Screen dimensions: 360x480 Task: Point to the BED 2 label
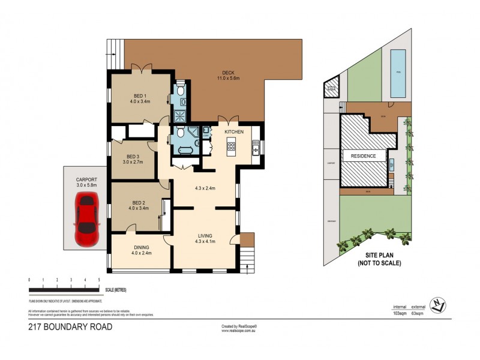point(139,205)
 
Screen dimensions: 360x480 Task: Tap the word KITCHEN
point(233,131)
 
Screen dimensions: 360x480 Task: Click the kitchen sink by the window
point(255,147)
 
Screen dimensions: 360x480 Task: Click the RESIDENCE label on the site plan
point(360,156)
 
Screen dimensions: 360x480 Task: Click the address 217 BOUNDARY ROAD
point(70,327)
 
